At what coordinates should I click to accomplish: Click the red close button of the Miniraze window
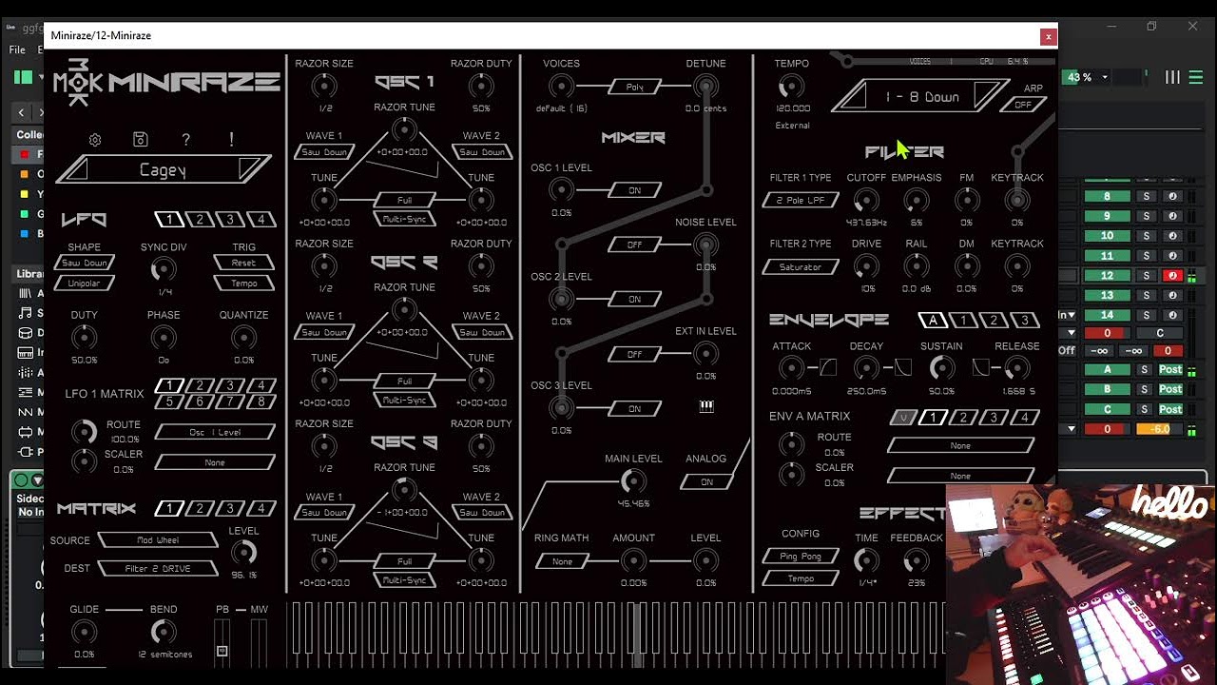tap(1048, 36)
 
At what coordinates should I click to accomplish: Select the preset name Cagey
tap(164, 170)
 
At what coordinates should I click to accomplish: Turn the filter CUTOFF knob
tap(865, 200)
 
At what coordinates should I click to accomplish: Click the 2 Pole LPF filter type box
tap(801, 201)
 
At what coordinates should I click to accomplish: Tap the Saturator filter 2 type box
tap(801, 267)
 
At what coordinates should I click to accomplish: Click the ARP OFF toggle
tap(1023, 105)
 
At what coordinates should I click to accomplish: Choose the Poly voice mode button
tap(635, 87)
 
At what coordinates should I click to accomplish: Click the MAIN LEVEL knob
tap(632, 481)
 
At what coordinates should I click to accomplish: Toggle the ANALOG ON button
tap(706, 482)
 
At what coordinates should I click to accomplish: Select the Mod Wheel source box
tap(158, 540)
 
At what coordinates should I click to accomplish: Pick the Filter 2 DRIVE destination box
tap(158, 569)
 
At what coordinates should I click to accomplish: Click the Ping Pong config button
tap(801, 556)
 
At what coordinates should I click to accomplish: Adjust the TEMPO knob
tap(790, 88)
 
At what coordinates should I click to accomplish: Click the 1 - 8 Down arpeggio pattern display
tap(921, 97)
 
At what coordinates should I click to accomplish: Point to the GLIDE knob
tap(84, 632)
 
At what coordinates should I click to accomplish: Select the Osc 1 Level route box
tap(215, 432)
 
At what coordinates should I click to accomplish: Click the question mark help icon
tap(185, 140)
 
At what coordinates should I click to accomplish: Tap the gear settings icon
tap(95, 140)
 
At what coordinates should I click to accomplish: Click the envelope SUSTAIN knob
tap(941, 368)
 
